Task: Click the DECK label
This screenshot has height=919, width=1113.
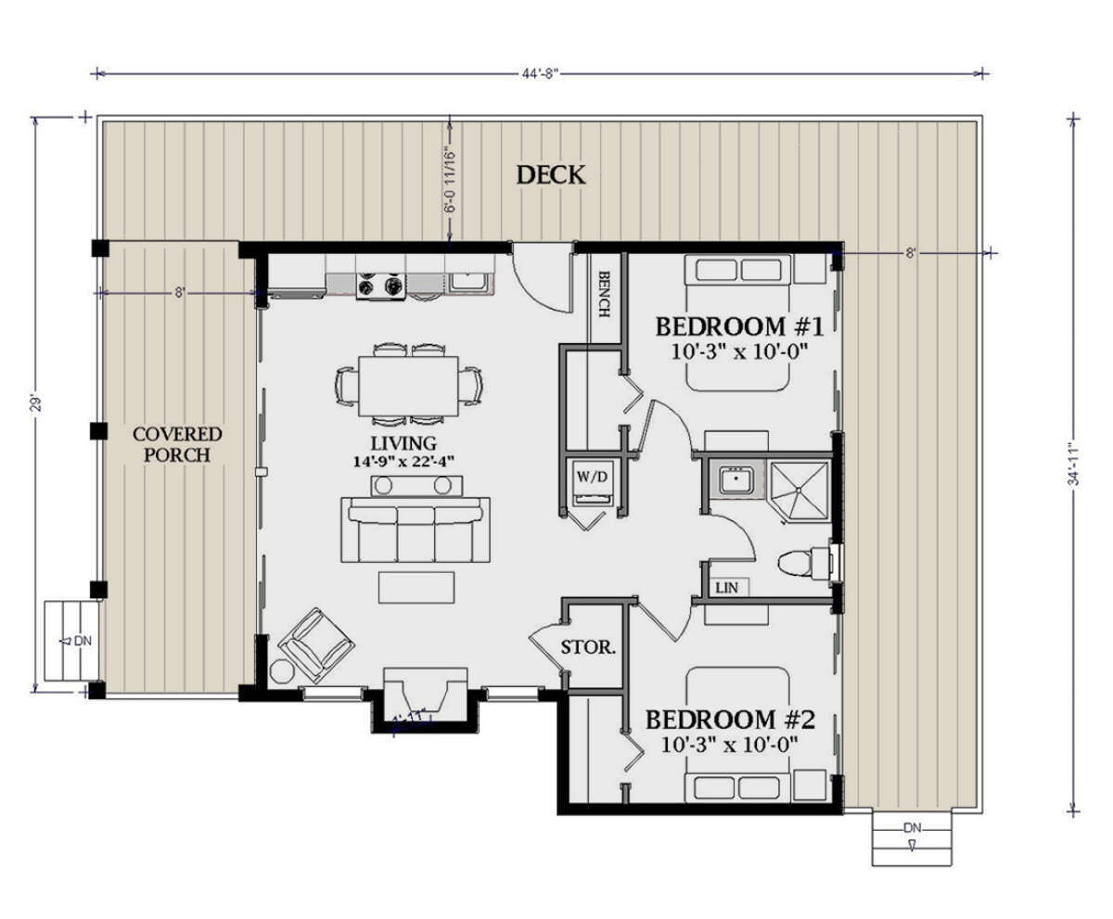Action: (x=551, y=174)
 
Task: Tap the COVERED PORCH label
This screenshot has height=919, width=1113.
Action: (x=177, y=444)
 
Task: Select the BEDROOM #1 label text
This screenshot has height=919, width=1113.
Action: (x=739, y=326)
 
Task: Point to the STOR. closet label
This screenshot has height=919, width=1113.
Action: (x=588, y=647)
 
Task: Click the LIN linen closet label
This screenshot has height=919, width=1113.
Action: (x=725, y=588)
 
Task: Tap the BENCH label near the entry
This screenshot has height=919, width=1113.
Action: (x=604, y=295)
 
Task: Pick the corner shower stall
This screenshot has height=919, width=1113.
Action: (x=800, y=485)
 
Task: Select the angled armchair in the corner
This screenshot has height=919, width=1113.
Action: (x=317, y=643)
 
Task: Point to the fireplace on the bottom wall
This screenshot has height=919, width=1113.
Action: (x=426, y=695)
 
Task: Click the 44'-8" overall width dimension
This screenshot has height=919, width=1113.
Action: (x=540, y=73)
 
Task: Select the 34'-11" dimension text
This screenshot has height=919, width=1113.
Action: (x=1073, y=464)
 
